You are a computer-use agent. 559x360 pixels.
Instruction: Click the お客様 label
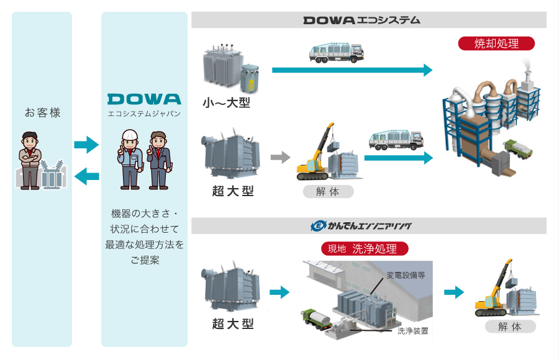click(42, 113)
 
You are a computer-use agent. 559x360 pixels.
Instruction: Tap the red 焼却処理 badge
click(496, 43)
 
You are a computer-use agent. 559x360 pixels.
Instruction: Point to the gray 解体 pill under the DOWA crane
click(328, 191)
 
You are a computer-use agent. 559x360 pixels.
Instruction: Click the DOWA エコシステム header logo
click(361, 20)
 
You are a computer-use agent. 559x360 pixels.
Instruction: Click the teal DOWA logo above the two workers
click(144, 99)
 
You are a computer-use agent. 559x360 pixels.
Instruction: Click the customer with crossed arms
click(29, 158)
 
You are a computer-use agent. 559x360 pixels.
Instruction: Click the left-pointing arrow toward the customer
click(86, 178)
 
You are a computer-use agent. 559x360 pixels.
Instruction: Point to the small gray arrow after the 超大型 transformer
click(281, 157)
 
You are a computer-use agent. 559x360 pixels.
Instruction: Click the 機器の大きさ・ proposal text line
click(144, 214)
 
